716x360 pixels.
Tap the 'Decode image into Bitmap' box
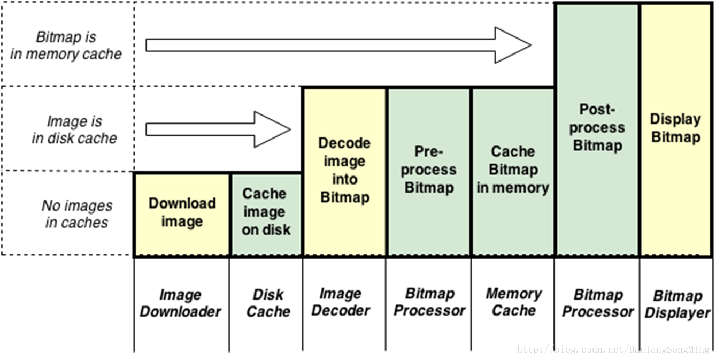pos(344,171)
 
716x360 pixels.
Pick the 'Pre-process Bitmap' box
pos(429,171)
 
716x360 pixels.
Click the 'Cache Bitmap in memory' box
pos(513,171)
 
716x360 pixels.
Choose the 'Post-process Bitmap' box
pos(597,128)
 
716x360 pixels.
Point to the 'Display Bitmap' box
pos(676,128)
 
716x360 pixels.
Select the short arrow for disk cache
pos(218,129)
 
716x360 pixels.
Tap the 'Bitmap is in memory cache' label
pos(66,45)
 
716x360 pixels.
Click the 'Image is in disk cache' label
pos(74,129)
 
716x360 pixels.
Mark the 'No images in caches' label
pos(77,214)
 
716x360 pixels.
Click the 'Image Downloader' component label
pos(180,303)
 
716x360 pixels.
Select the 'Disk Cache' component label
pos(268,303)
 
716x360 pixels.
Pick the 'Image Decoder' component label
pos(341,302)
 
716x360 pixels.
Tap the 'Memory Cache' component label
pos(513,302)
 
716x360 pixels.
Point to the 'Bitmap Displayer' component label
pos(677,304)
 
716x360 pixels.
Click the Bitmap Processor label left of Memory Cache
pos(429,302)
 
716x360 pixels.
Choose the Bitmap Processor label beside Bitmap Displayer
pos(597,303)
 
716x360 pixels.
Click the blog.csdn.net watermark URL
pos(613,349)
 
